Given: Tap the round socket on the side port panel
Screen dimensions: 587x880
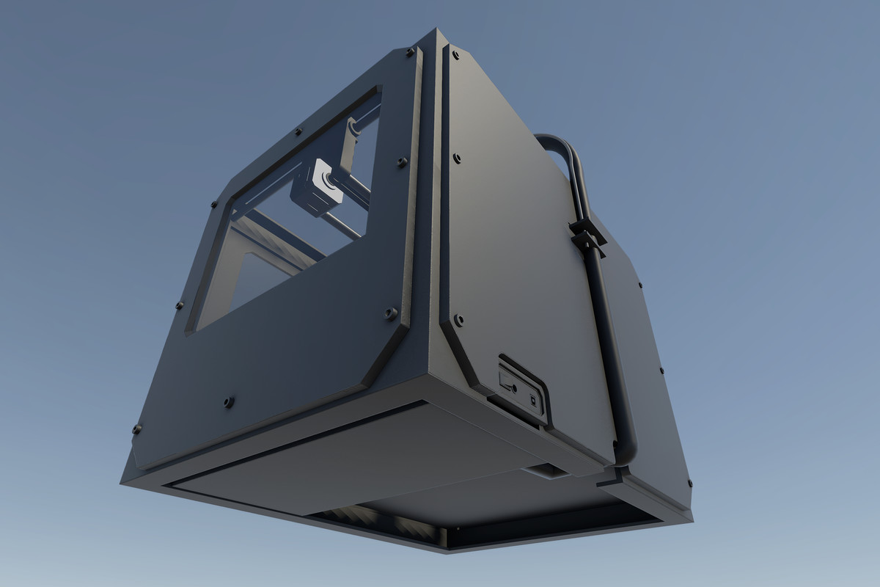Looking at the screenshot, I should click(514, 388).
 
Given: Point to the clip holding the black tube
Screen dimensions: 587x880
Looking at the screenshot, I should click(587, 233).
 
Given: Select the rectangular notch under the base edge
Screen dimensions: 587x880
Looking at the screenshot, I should click(546, 471).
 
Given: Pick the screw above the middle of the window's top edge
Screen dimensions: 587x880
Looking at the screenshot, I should click(298, 133).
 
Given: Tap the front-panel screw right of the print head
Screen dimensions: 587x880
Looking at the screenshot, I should click(402, 161).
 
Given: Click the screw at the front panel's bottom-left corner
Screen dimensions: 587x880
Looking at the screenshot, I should click(136, 429).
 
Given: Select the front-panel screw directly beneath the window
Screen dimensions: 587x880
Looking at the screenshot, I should click(229, 402).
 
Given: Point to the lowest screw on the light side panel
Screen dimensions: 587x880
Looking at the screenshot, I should click(458, 320).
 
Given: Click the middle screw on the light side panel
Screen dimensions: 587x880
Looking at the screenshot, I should click(457, 158).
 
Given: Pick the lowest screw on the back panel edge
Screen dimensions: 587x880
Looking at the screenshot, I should click(690, 483).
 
